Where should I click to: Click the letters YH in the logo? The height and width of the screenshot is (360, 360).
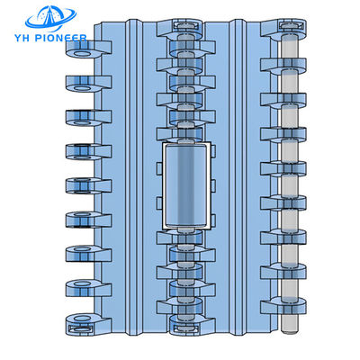(21, 38)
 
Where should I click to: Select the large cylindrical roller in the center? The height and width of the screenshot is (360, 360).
(185, 185)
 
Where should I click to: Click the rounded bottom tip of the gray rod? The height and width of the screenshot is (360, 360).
(290, 331)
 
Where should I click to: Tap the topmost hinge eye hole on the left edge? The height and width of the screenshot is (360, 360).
(83, 54)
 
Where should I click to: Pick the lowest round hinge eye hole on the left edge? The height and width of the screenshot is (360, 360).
(83, 318)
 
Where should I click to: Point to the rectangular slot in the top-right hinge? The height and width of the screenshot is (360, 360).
(290, 24)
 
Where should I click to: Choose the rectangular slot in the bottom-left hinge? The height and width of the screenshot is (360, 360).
(79, 328)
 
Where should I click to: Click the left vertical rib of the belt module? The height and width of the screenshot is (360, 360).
(134, 177)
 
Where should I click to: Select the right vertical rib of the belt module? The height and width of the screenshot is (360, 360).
(238, 177)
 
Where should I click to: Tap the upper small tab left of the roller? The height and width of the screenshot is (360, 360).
(159, 168)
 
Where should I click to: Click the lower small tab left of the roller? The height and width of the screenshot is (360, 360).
(159, 202)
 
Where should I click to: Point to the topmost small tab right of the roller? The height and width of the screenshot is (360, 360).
(212, 151)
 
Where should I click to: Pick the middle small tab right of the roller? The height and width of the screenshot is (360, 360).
(212, 186)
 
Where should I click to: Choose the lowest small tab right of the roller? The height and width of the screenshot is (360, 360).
(212, 220)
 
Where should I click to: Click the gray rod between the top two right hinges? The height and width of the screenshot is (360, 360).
(290, 47)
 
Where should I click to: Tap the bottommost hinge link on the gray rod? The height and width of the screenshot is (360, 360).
(283, 305)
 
